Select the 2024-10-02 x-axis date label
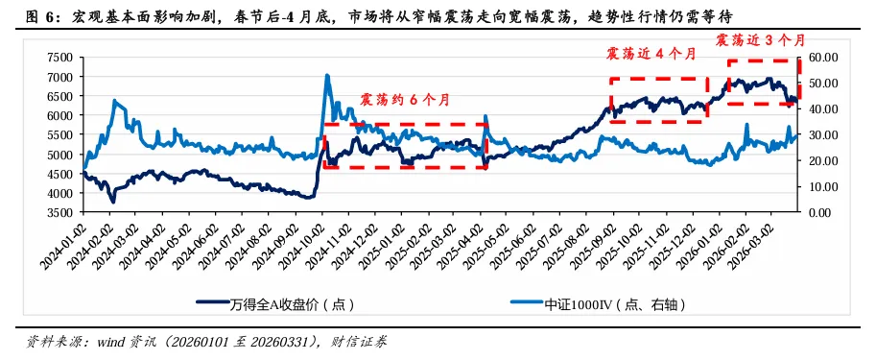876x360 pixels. coord(315,246)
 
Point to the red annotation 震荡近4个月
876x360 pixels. coord(651,54)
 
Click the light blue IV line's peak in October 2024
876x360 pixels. coord(327,75)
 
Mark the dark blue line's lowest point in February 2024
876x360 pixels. coord(112,201)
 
